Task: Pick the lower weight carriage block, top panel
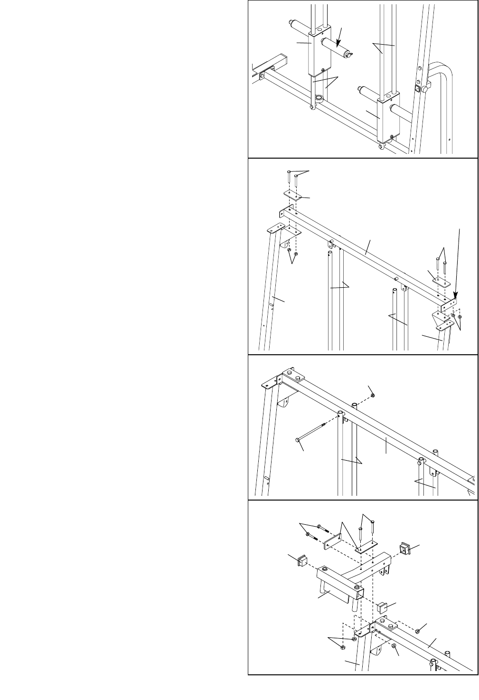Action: click(x=388, y=121)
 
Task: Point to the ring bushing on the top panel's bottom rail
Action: click(x=318, y=98)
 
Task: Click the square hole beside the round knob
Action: click(x=418, y=88)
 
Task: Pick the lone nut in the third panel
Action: click(x=373, y=395)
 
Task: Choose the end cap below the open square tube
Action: click(x=383, y=606)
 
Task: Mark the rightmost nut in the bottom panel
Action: click(x=418, y=631)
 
